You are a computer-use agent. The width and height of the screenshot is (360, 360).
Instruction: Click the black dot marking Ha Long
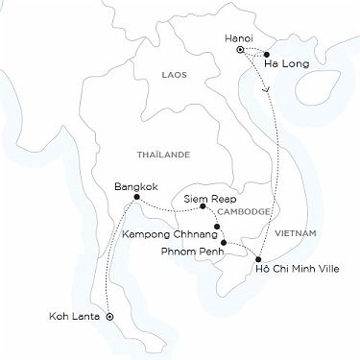pos(265,55)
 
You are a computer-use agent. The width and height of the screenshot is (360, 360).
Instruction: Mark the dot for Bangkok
pos(137,197)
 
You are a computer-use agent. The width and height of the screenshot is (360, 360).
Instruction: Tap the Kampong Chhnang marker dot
pos(218,227)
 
